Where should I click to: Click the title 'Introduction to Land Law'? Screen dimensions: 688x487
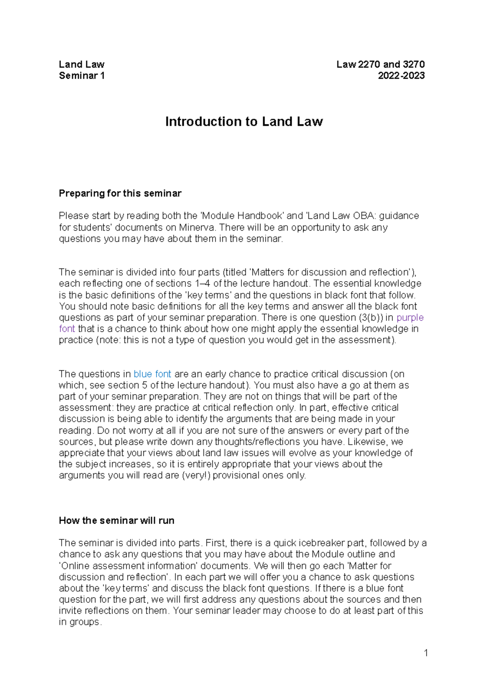pos(243,122)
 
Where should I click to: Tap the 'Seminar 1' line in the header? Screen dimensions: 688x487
pos(82,76)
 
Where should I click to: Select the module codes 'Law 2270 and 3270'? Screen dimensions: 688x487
pos(380,64)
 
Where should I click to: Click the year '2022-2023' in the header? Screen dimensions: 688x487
pos(401,76)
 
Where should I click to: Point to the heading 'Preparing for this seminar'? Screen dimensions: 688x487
pos(120,193)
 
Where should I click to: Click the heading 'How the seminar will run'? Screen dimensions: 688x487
pos(116,521)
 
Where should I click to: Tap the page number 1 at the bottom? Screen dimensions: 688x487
pos(426,653)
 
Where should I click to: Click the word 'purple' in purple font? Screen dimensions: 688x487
pos(410,318)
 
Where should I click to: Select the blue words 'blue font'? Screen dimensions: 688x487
pos(152,374)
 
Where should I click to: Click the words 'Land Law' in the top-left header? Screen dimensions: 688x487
pos(82,64)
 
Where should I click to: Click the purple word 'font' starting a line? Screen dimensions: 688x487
pos(67,329)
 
